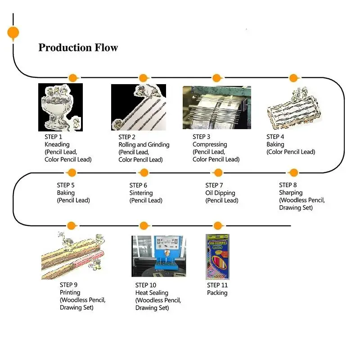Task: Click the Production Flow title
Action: point(78,48)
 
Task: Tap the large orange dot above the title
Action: point(13,32)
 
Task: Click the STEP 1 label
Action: point(53,137)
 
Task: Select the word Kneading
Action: point(57,144)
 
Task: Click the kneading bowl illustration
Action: point(60,107)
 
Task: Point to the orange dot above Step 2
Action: point(143,78)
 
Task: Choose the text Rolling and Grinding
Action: point(144,144)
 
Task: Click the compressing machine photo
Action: point(217,108)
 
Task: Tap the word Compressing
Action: point(210,144)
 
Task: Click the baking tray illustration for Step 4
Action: point(294,108)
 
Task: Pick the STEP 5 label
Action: point(66,185)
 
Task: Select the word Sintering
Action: point(141,193)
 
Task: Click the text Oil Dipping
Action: point(220,193)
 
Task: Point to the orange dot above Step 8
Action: point(294,173)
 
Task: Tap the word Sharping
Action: point(291,193)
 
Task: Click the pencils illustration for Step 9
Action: point(73,256)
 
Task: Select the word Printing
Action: point(70,292)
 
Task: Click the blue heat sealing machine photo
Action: point(159,256)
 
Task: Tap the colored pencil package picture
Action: point(217,256)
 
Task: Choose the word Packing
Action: point(217,293)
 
